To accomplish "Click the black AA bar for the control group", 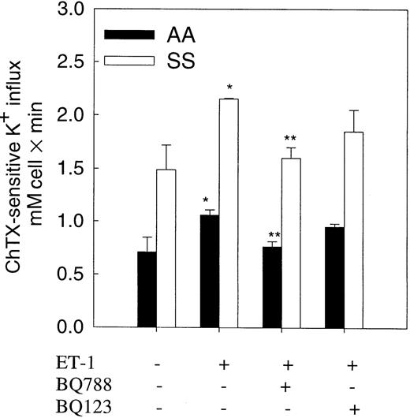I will point(147,289).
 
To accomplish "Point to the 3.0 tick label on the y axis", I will point(69,9).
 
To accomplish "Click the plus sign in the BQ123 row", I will point(355,409).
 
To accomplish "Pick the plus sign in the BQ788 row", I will point(289,387).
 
